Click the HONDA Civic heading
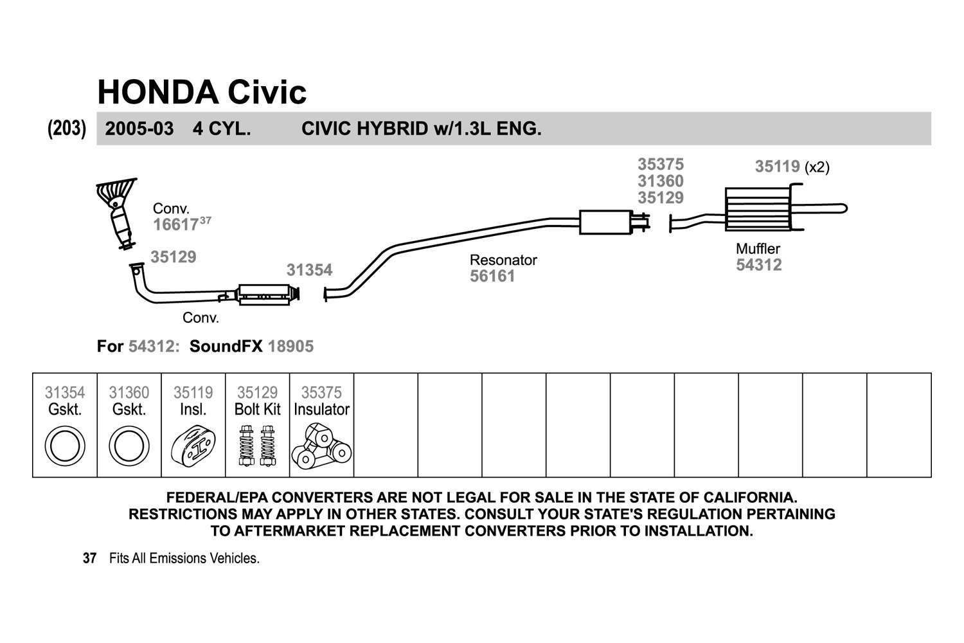click(x=202, y=92)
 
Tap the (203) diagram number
click(x=67, y=129)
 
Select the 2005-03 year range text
click(x=139, y=129)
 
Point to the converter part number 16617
click(x=175, y=224)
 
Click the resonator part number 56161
click(x=492, y=276)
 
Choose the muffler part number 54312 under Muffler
click(x=759, y=265)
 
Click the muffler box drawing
click(x=758, y=209)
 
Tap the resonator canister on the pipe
click(x=605, y=222)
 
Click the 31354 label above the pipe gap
click(x=309, y=270)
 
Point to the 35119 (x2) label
click(x=792, y=167)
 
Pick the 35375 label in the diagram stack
click(x=661, y=164)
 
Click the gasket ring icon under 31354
click(x=65, y=446)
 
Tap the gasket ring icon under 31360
click(x=129, y=446)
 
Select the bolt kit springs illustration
click(x=257, y=446)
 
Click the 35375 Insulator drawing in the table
click(x=321, y=446)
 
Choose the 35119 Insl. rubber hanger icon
click(x=193, y=446)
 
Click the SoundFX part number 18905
click(x=291, y=347)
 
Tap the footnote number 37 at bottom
click(x=89, y=558)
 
